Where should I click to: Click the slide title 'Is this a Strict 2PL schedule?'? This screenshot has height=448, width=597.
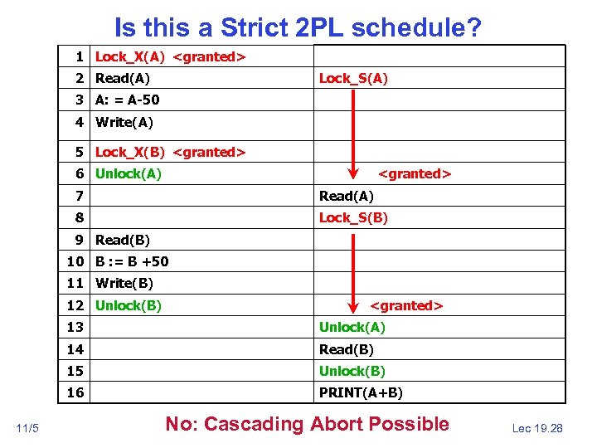pyautogui.click(x=298, y=28)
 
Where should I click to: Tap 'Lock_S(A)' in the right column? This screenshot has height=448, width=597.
pyautogui.click(x=353, y=79)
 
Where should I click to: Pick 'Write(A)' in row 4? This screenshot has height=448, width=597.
pyautogui.click(x=124, y=123)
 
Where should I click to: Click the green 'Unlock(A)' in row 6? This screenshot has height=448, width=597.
pyautogui.click(x=129, y=174)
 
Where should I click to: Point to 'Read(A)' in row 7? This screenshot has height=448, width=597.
pyautogui.click(x=347, y=197)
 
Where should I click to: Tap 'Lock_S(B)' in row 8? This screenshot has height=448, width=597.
pyautogui.click(x=353, y=218)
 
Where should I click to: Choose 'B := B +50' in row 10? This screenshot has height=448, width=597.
pyautogui.click(x=132, y=262)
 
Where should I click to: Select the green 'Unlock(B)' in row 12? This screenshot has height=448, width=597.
pyautogui.click(x=129, y=305)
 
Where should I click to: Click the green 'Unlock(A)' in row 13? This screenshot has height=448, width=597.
pyautogui.click(x=352, y=327)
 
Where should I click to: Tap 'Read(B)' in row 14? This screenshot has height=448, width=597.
pyautogui.click(x=347, y=349)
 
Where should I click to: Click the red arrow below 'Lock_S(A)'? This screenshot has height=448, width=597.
pyautogui.click(x=354, y=133)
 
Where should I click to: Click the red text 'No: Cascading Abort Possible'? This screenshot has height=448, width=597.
pyautogui.click(x=307, y=424)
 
